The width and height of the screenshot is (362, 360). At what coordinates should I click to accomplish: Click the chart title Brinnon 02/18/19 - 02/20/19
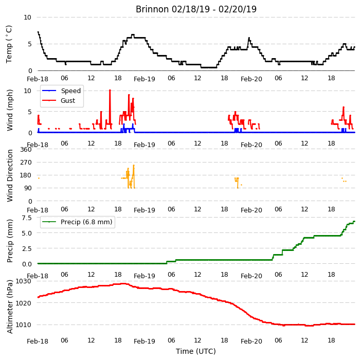[196, 9]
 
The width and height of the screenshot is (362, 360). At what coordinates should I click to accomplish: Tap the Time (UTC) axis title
[196, 351]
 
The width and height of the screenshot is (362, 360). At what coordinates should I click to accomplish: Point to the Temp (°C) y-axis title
[9, 44]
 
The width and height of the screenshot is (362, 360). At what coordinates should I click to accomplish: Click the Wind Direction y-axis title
[10, 176]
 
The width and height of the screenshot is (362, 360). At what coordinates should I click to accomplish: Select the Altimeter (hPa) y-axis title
[10, 307]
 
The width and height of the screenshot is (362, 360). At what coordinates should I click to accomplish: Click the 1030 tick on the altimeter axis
[23, 281]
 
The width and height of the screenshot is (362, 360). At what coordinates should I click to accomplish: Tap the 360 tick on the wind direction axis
[26, 150]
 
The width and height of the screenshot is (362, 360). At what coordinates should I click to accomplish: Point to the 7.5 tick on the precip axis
[27, 218]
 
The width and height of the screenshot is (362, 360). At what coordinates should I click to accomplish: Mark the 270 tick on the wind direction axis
[26, 163]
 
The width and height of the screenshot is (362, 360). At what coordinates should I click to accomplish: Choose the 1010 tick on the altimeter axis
[23, 325]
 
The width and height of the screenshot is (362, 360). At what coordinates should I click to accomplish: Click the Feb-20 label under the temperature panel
[251, 79]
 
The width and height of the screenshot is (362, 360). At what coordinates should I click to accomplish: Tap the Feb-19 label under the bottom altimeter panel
[144, 341]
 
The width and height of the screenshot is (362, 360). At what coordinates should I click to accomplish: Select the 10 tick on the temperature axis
[27, 17]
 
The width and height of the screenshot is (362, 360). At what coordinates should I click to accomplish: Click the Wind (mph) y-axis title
[10, 110]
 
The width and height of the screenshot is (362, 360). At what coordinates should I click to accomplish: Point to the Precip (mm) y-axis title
[10, 241]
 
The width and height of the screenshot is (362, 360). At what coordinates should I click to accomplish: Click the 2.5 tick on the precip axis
[27, 249]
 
